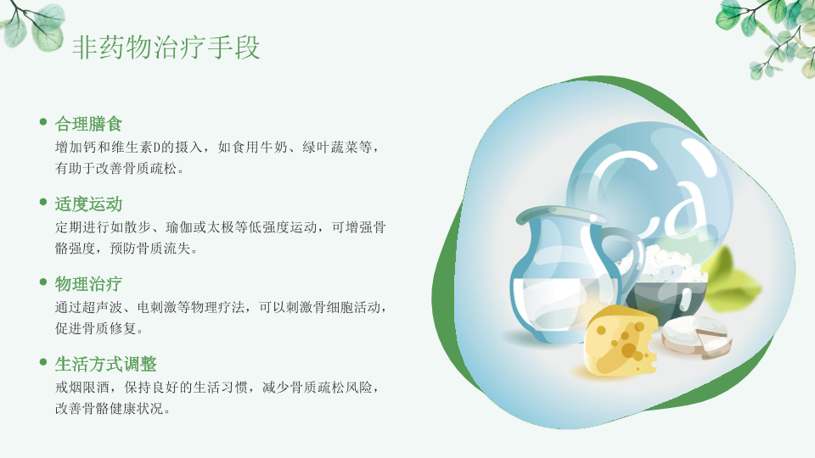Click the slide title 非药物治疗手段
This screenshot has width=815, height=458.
[x=166, y=47]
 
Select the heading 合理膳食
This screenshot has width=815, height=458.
[x=88, y=124]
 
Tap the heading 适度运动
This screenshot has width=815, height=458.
[x=88, y=204]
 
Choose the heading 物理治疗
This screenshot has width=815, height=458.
[x=88, y=284]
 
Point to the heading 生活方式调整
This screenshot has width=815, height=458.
[x=105, y=364]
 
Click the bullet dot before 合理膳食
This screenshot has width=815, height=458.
[x=43, y=122]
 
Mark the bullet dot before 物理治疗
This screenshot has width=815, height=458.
[x=43, y=282]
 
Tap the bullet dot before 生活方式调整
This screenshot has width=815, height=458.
[x=43, y=362]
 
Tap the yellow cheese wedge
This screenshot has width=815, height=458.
[x=621, y=341]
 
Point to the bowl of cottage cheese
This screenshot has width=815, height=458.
[x=666, y=285]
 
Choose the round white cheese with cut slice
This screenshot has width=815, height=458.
[x=696, y=337]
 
